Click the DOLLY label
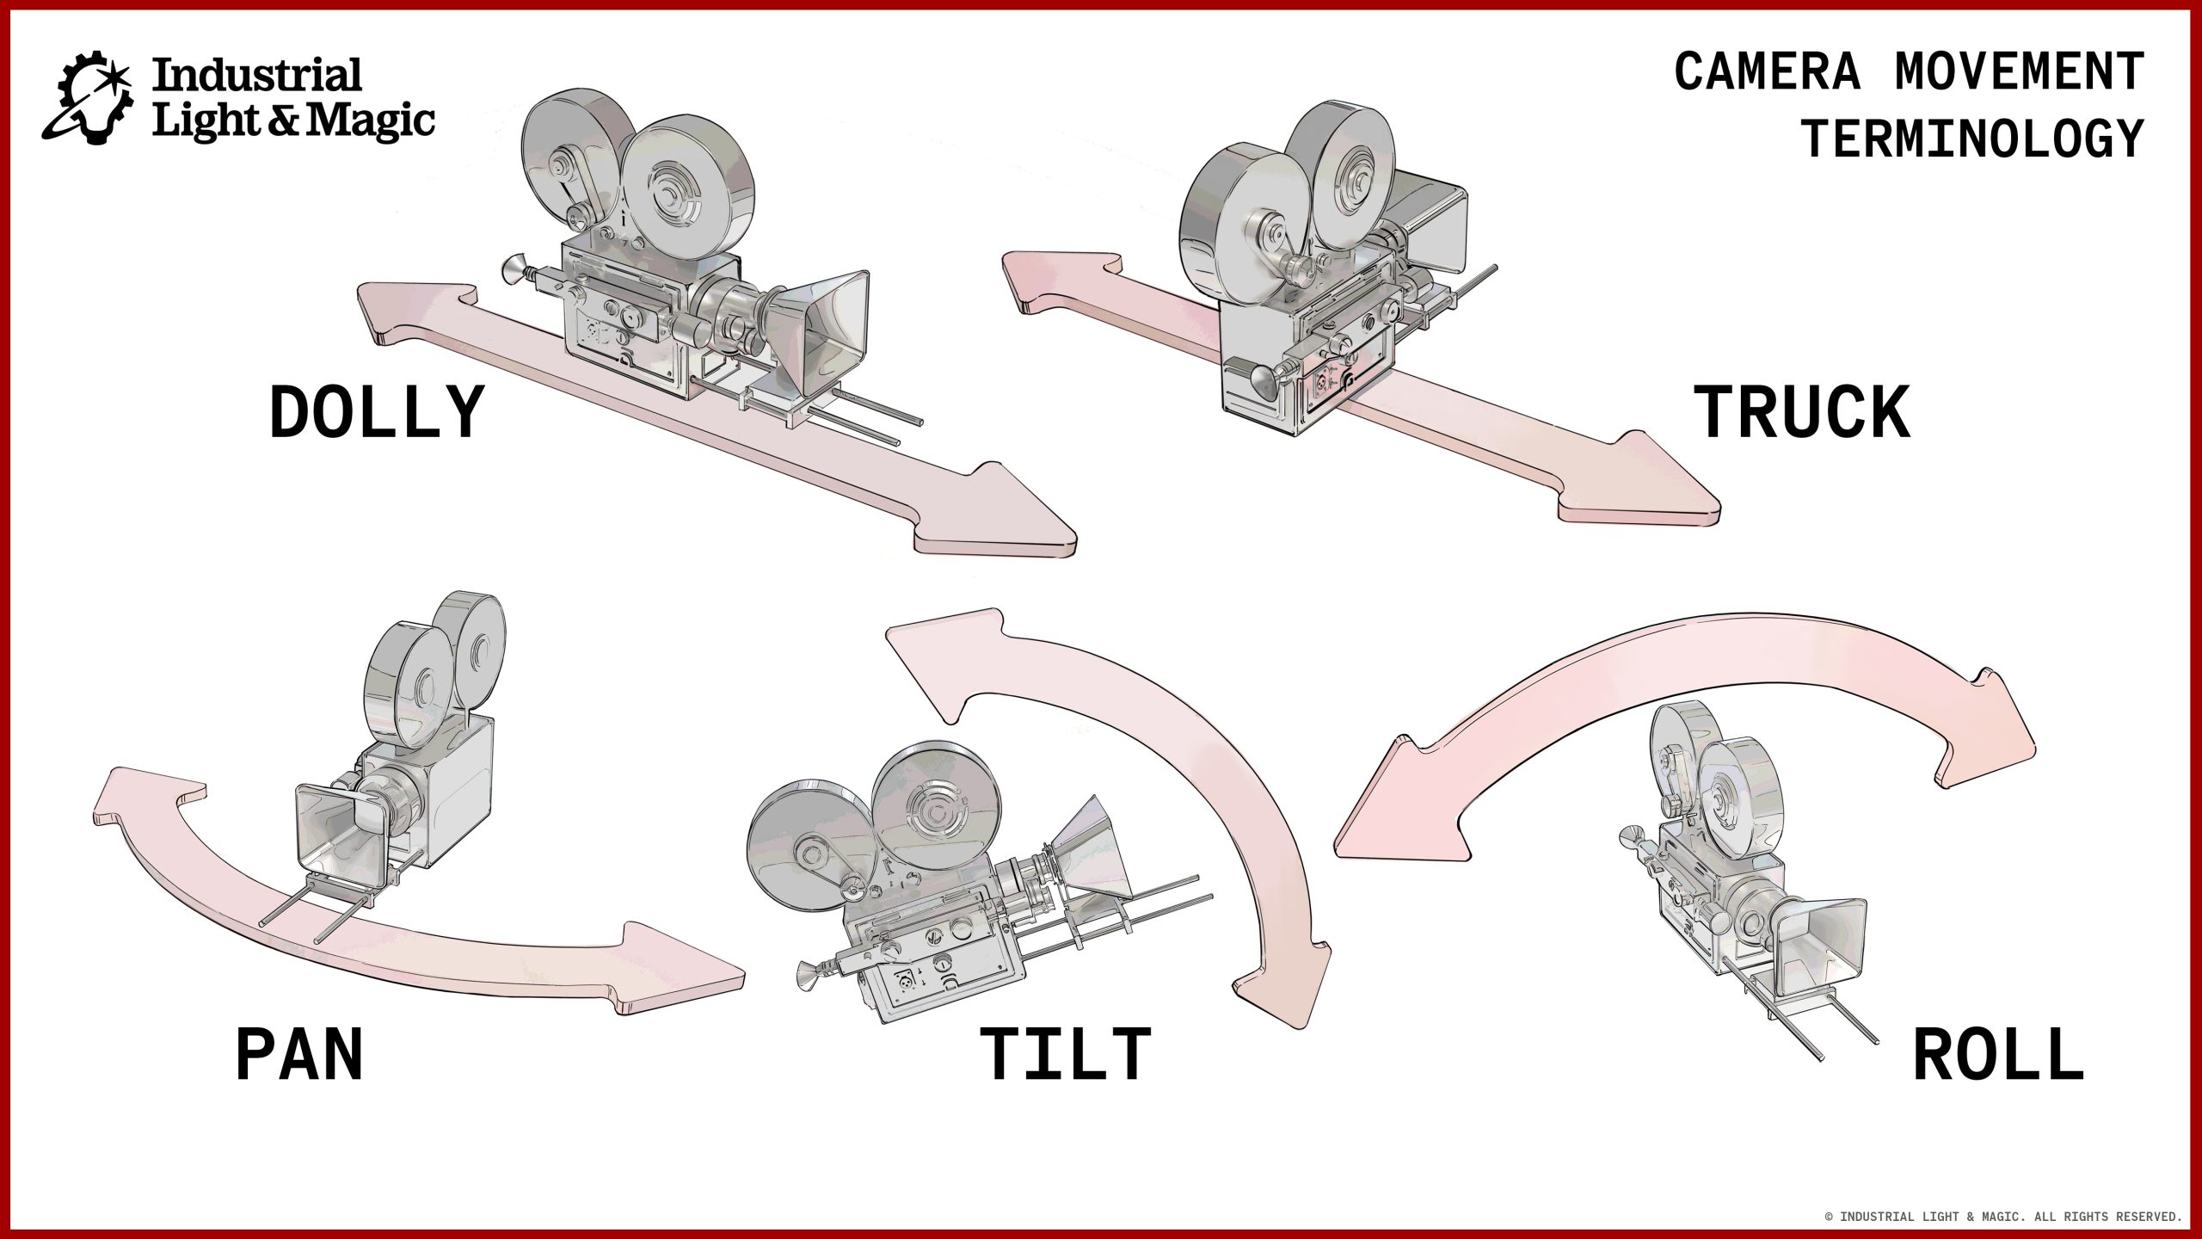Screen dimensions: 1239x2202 pos(376,414)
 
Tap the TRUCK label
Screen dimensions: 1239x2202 pos(1802,414)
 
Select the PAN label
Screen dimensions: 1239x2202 pos(299,1055)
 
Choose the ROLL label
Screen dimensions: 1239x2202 pos(1998,1055)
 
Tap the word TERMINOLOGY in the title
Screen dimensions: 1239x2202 pos(1972,139)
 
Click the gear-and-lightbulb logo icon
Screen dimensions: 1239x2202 pos(88,97)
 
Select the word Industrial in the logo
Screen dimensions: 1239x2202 pos(256,76)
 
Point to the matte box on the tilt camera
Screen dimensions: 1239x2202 pos(1088,848)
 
